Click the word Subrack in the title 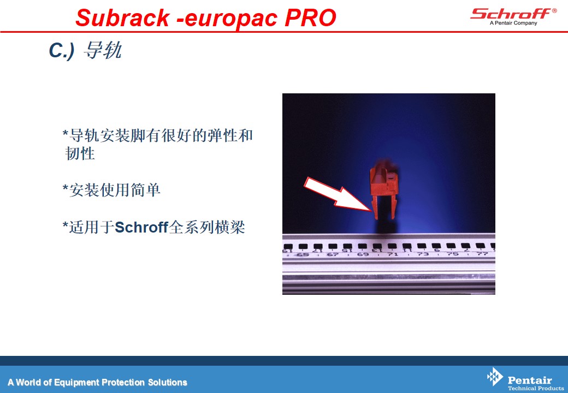pyautogui.click(x=122, y=17)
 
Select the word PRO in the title pyautogui.click(x=310, y=17)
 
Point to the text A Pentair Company pyautogui.click(x=513, y=23)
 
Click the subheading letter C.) pyautogui.click(x=62, y=50)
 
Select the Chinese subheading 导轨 pyautogui.click(x=103, y=50)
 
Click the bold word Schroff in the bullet pyautogui.click(x=141, y=227)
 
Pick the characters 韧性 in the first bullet pyautogui.click(x=80, y=153)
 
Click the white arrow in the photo pyautogui.click(x=337, y=195)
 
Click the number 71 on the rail pyautogui.click(x=393, y=254)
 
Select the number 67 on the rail pyautogui.click(x=333, y=254)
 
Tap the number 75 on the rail pyautogui.click(x=453, y=254)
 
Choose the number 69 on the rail pyautogui.click(x=363, y=254)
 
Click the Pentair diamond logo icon pyautogui.click(x=495, y=377)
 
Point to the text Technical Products pyautogui.click(x=536, y=388)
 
